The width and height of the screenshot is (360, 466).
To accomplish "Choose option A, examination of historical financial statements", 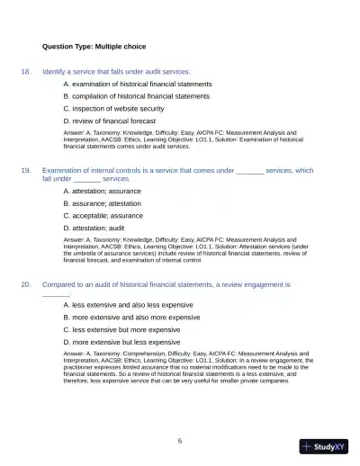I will pos(138,84).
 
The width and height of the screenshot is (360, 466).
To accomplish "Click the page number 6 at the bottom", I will pos(180,440).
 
